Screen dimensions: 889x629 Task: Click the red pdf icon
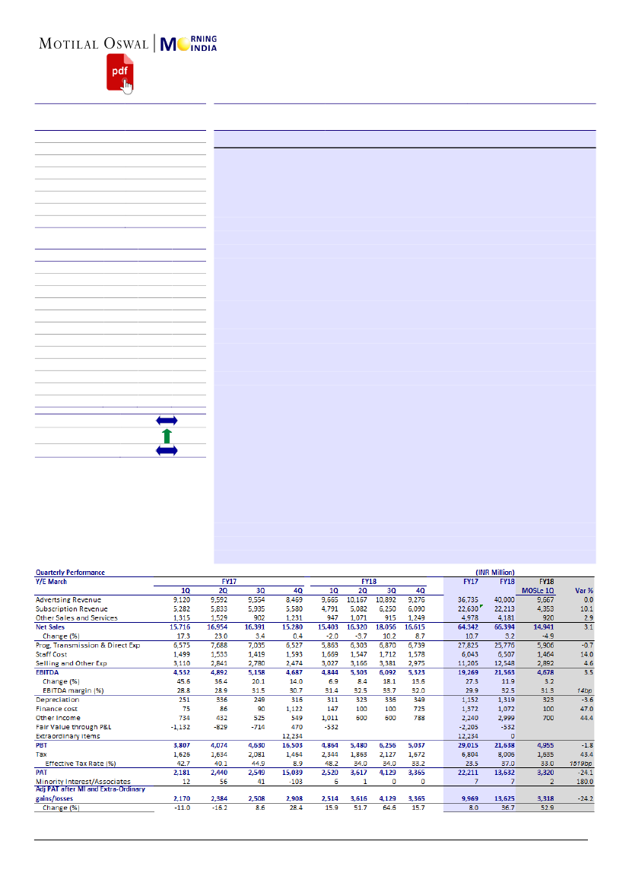117,71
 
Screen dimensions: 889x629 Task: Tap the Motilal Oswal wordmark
94,44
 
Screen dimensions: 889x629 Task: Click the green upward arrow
167,436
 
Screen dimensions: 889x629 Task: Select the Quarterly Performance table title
70,572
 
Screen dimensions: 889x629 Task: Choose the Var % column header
583,590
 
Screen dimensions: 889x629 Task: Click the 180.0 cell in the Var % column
584,782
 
